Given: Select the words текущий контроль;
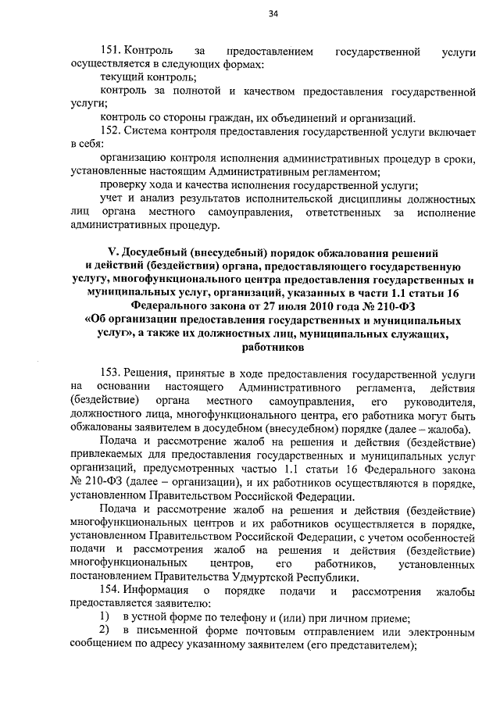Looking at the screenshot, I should point(148,78).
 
